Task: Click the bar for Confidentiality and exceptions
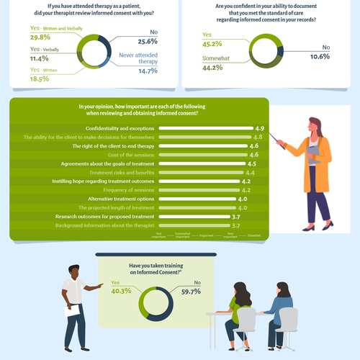pos(204,128)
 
